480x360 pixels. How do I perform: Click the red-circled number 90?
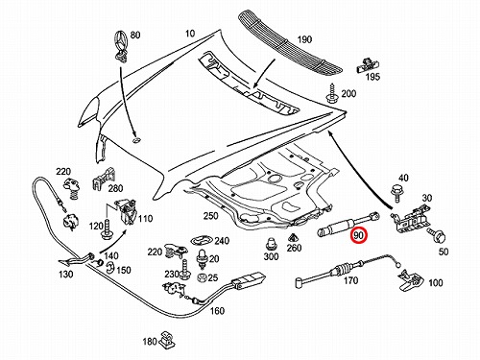pyautogui.click(x=359, y=235)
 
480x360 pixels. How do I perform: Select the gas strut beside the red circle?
pyautogui.click(x=348, y=224)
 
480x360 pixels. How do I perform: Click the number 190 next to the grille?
pyautogui.click(x=304, y=39)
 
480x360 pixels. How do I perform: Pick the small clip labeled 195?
pyautogui.click(x=368, y=65)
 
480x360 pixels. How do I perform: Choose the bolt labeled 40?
pyautogui.click(x=396, y=193)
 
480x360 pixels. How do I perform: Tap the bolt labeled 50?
pyautogui.click(x=438, y=235)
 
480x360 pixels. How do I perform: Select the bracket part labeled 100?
pyautogui.click(x=411, y=279)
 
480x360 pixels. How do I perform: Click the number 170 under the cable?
pyautogui.click(x=350, y=280)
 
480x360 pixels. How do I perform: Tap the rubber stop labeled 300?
pyautogui.click(x=271, y=244)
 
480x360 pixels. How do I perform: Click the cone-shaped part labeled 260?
pyautogui.click(x=293, y=238)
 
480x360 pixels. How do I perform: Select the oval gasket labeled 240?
pyautogui.click(x=202, y=240)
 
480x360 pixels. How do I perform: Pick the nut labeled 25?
pyautogui.click(x=202, y=277)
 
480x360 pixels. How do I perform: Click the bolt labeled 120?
pyautogui.click(x=107, y=229)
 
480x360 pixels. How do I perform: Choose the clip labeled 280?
pyautogui.click(x=105, y=180)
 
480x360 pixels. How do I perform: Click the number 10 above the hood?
pyautogui.click(x=190, y=34)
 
